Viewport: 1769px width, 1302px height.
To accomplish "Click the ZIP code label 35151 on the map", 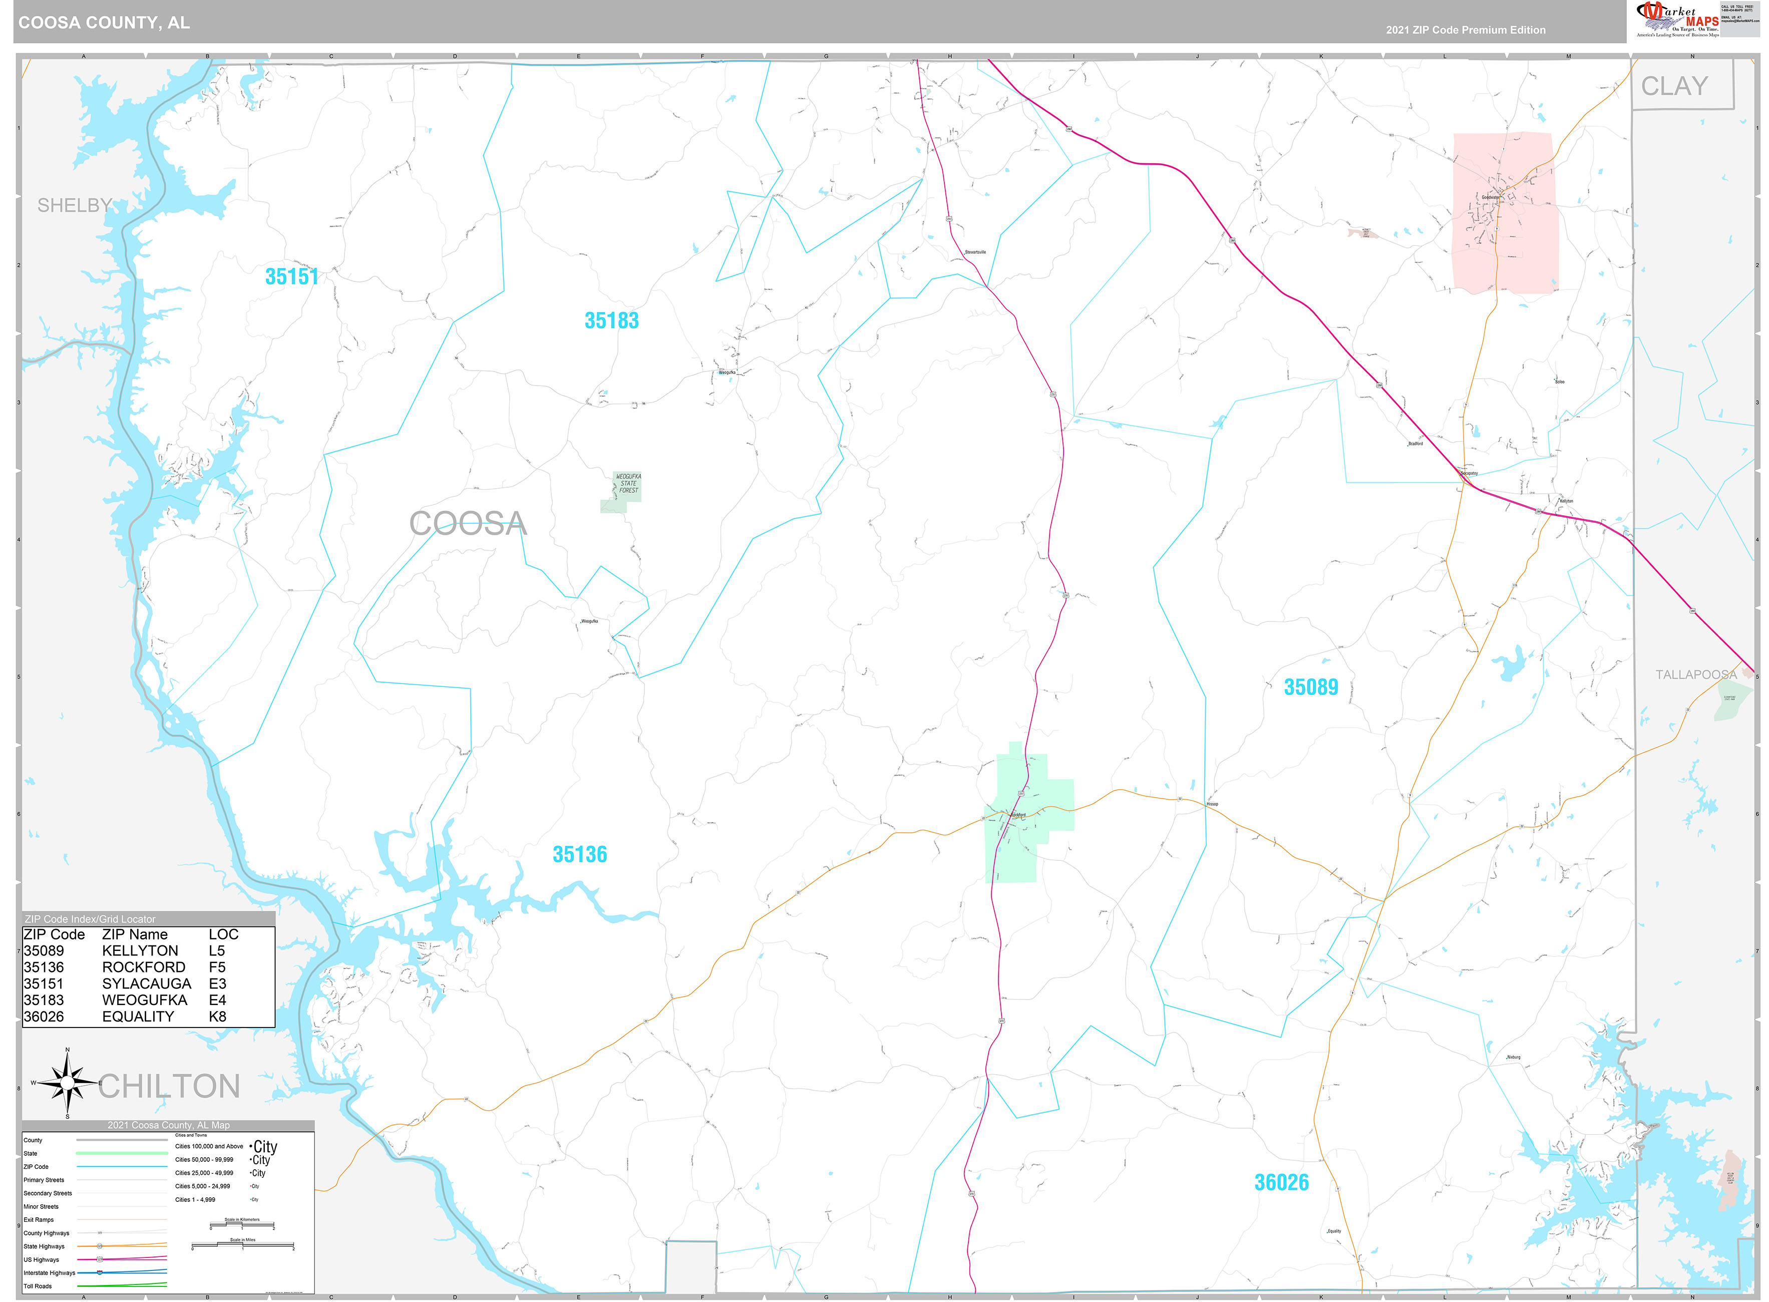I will point(291,276).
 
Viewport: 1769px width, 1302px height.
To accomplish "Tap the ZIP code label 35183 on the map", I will point(611,321).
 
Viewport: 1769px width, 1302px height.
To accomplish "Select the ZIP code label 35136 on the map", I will point(580,854).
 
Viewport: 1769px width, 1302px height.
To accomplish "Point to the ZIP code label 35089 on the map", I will point(1310,687).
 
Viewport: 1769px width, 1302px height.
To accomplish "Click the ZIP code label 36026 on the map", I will point(1281,1182).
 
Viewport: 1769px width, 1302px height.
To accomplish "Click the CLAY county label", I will point(1674,86).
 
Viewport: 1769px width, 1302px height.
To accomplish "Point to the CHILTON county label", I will point(169,1086).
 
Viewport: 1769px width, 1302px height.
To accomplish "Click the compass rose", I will point(68,1084).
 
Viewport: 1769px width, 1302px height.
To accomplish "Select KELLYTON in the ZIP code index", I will point(140,950).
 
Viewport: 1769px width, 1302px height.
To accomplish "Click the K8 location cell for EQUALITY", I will point(217,1017).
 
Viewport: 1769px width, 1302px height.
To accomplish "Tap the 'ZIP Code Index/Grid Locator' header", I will point(91,919).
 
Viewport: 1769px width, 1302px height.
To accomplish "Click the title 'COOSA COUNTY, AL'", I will point(104,23).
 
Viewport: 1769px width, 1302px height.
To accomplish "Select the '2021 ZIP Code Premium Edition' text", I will point(1466,30).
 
